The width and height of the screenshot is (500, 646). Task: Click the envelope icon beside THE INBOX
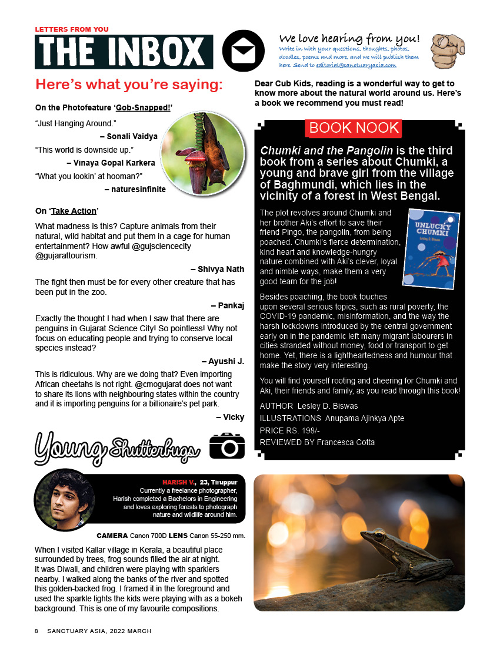[x=243, y=51]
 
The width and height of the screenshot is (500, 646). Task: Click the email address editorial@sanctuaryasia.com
[x=364, y=66]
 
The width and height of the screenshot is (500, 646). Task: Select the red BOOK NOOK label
[x=353, y=128]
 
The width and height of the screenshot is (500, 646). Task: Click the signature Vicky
[x=230, y=417]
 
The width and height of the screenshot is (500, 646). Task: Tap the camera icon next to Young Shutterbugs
[x=226, y=446]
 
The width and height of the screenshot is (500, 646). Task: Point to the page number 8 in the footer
[x=36, y=631]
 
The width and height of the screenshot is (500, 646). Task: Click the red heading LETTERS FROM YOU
[x=72, y=29]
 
